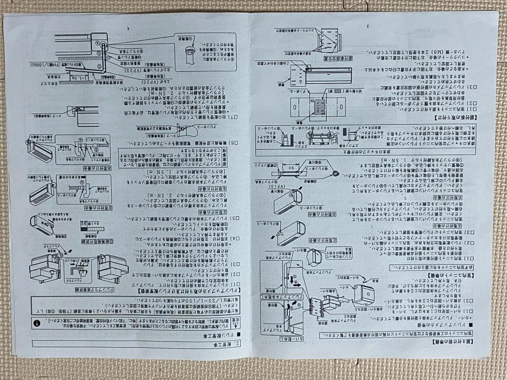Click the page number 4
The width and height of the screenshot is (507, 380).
127,27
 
